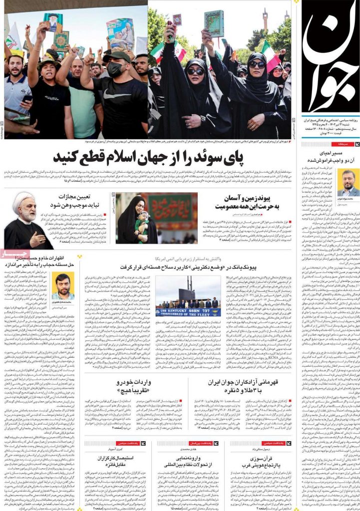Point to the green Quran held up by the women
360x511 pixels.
point(213,23)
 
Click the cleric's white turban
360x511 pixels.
point(24,200)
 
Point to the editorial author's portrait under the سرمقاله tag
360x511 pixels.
point(348,182)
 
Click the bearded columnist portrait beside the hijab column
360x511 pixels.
point(62,285)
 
